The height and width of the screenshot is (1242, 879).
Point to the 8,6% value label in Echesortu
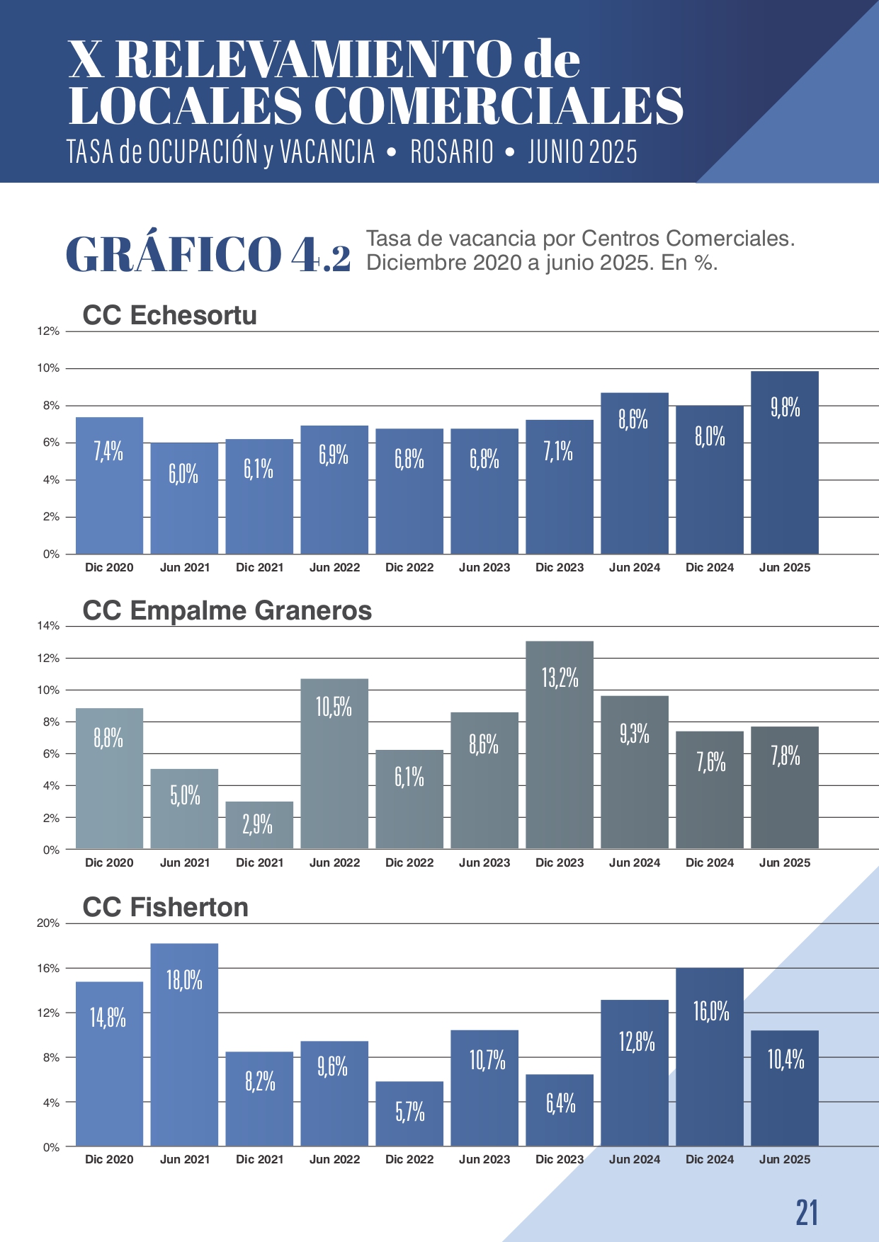[x=633, y=420]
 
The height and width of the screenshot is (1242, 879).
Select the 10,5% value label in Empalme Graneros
[x=334, y=707]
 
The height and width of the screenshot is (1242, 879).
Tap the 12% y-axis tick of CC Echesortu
[x=48, y=331]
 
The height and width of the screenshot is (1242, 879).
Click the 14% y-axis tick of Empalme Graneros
[x=48, y=626]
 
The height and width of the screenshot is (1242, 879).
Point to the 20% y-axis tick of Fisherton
[x=48, y=923]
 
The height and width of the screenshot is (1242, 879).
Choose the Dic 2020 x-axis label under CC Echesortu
[x=109, y=567]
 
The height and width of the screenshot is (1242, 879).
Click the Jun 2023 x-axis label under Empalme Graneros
[x=484, y=862]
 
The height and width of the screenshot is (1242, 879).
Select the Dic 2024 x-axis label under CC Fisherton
[x=710, y=1159]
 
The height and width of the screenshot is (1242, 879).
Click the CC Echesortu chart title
[x=169, y=315]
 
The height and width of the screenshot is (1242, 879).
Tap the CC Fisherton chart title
[x=165, y=907]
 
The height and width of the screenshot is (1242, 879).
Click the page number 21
[x=807, y=1213]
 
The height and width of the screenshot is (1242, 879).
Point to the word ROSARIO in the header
[x=452, y=152]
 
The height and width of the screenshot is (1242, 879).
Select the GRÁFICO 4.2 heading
[x=208, y=254]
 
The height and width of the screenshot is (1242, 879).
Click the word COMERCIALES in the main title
[x=498, y=106]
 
